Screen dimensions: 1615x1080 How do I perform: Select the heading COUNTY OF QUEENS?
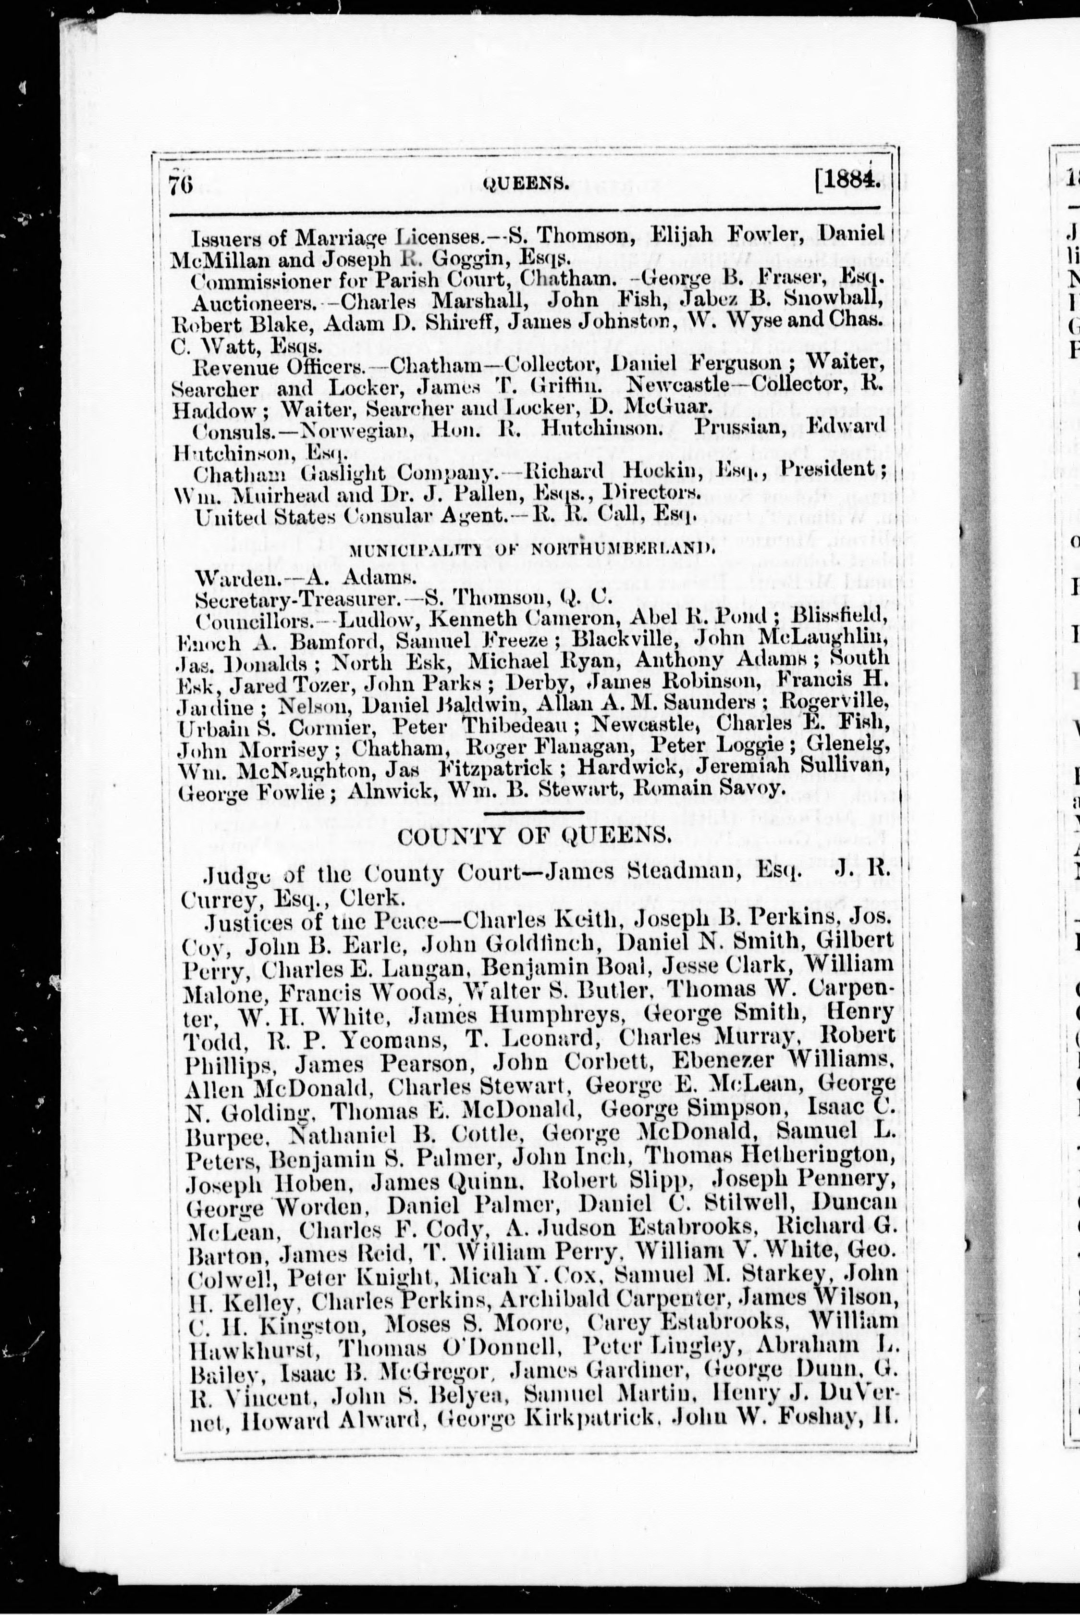coord(534,836)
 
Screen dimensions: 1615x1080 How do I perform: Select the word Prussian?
coord(739,427)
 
